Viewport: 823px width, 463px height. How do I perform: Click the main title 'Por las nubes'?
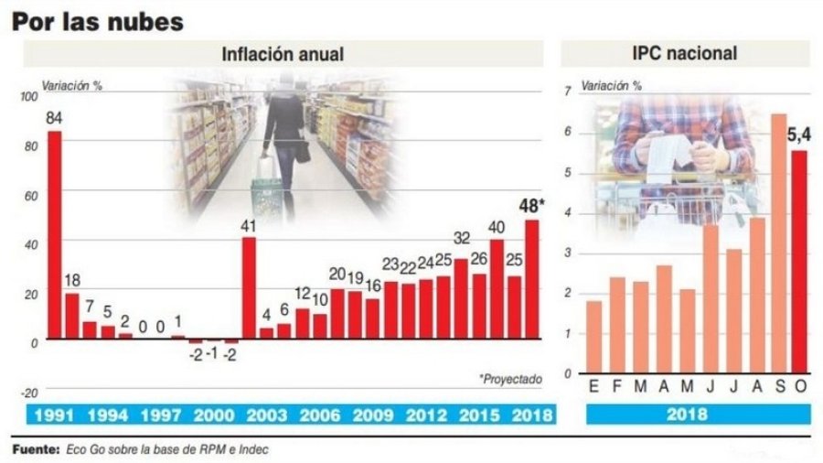97,21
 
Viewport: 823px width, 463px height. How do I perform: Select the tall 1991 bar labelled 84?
54,233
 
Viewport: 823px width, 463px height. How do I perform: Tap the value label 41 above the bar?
248,225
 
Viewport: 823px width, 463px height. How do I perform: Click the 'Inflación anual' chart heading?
283,54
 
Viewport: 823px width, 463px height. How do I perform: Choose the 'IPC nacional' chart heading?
685,54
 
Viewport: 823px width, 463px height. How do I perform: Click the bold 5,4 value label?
797,136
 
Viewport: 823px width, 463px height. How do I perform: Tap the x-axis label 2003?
269,415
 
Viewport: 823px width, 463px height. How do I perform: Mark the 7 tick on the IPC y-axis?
568,92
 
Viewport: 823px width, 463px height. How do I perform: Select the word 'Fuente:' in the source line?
35,450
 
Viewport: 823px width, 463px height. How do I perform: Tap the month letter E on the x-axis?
594,388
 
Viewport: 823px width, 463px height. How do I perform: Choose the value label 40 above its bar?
497,227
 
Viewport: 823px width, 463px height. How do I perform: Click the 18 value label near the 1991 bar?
71,280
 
